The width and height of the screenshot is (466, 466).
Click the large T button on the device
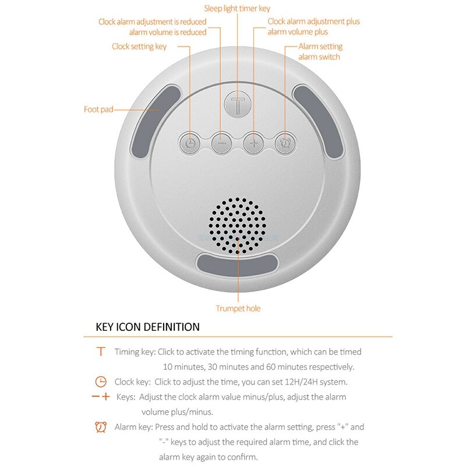tap(237, 106)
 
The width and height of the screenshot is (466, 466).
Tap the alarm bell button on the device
tap(285, 142)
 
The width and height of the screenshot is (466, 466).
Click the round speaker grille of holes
tap(238, 226)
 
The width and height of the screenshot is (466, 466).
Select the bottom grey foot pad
tap(238, 266)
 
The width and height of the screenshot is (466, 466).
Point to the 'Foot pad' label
tap(98, 109)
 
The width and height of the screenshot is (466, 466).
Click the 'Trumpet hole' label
tap(238, 308)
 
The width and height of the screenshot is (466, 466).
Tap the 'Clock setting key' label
tap(139, 47)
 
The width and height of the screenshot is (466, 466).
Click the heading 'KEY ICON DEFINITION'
tap(147, 327)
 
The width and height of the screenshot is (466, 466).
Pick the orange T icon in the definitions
tap(101, 351)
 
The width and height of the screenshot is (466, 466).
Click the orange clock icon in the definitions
tap(101, 382)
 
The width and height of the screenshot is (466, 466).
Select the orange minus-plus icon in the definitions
tap(101, 397)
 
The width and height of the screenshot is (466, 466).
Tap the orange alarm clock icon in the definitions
tap(101, 427)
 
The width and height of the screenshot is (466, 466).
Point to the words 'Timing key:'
tap(135, 352)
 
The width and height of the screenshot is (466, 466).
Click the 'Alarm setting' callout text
tap(320, 47)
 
